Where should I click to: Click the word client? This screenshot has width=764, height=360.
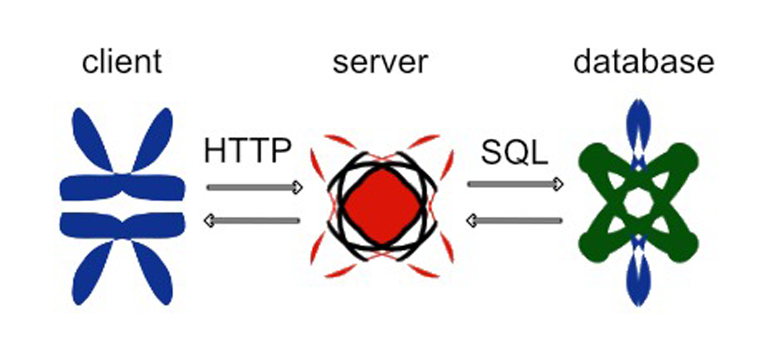122,62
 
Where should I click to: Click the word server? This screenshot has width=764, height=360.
380,63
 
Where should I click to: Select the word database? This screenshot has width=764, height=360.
643,62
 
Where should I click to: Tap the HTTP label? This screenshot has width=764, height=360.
248,151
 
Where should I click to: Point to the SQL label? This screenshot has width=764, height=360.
514,152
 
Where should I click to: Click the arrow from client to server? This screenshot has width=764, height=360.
254,187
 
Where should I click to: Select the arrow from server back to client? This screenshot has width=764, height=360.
252,221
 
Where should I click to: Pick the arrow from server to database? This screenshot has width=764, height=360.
515,184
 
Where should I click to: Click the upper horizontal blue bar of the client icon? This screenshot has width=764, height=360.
122,187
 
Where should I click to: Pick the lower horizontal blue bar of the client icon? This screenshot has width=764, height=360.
122,225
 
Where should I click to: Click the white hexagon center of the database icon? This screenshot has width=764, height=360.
638,203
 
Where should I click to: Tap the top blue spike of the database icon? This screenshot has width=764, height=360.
638,121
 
